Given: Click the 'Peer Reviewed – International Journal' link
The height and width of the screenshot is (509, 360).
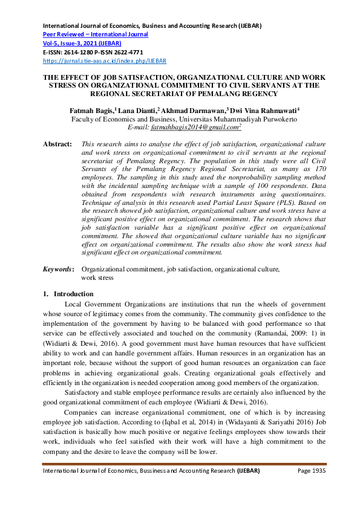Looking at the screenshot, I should point(95,34).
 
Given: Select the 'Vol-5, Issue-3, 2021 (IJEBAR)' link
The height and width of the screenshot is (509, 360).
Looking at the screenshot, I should point(81,44).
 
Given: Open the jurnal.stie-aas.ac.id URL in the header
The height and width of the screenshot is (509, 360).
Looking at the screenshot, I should point(104,61).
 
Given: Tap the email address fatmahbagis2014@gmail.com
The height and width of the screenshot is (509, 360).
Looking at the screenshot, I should point(193,128).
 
